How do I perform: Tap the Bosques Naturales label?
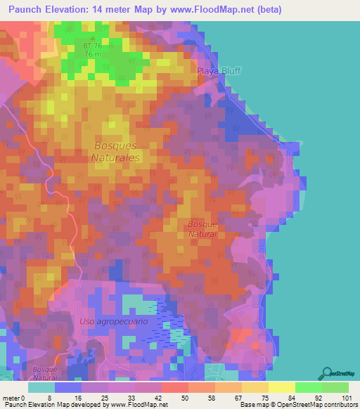pyautogui.click(x=115, y=152)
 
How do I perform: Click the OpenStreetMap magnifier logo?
pyautogui.click(x=326, y=373)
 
